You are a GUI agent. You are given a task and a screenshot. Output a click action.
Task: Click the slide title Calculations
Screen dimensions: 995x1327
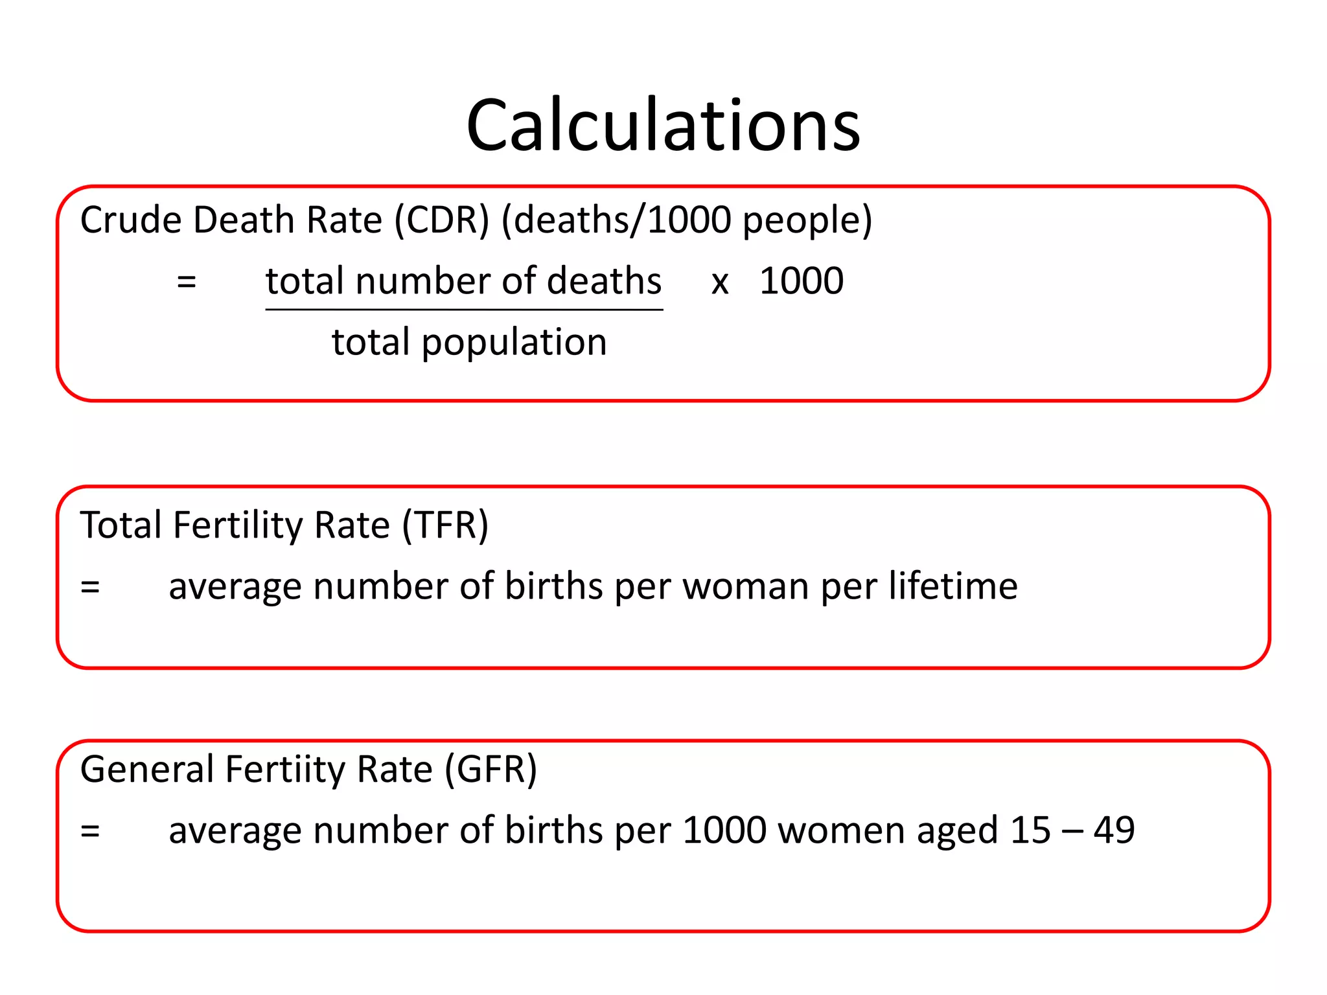(x=663, y=125)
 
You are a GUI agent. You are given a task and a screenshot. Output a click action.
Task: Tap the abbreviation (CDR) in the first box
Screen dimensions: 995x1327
(x=442, y=220)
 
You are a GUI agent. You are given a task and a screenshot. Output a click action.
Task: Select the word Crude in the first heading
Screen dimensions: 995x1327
(x=131, y=220)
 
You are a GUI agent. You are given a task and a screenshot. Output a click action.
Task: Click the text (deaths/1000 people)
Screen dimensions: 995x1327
(x=686, y=220)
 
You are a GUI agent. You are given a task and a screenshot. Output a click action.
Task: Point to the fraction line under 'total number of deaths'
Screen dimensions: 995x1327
(x=464, y=310)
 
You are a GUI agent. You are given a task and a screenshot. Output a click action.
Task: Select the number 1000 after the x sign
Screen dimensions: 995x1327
(x=802, y=281)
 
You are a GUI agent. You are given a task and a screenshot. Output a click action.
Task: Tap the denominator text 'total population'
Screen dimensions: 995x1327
(x=469, y=343)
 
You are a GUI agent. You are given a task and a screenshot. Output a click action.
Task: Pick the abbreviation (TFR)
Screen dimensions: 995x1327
(x=445, y=525)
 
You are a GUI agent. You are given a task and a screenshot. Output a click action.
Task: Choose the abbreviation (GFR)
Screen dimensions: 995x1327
(x=490, y=770)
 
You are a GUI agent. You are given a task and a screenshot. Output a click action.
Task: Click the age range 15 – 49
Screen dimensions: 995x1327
(x=1072, y=830)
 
